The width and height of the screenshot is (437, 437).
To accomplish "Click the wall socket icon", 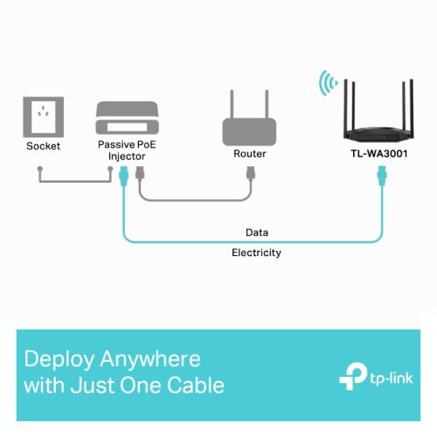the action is point(44,117).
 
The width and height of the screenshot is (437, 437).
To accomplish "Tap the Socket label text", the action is point(43,146).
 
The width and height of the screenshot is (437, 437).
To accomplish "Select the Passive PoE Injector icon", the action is point(128,118).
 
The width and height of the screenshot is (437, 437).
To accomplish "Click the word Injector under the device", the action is point(127,156).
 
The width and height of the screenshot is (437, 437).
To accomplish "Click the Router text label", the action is point(250,154).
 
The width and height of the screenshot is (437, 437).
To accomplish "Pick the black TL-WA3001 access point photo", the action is point(378,110).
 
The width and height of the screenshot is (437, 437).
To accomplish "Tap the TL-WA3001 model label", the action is point(379,154).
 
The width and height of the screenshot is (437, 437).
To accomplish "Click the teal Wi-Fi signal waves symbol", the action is point(329,83).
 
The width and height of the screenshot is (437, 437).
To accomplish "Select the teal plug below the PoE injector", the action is point(124,176).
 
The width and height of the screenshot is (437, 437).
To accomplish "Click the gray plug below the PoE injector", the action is point(140,173).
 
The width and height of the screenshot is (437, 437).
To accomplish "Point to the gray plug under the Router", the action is point(251,173).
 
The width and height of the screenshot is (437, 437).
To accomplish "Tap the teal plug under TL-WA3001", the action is point(382,176).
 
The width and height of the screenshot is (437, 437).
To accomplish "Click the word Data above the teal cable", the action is point(257,232).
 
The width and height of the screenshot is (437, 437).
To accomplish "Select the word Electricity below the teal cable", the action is point(256,253).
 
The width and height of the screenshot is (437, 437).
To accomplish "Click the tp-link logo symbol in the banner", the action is point(353,377).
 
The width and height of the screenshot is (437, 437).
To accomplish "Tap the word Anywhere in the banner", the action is point(150,359).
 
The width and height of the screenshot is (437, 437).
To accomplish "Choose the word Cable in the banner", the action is point(196,385).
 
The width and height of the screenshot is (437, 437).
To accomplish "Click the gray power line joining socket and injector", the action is point(75,181).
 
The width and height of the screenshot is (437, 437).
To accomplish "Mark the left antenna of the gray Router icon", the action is point(232,104).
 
